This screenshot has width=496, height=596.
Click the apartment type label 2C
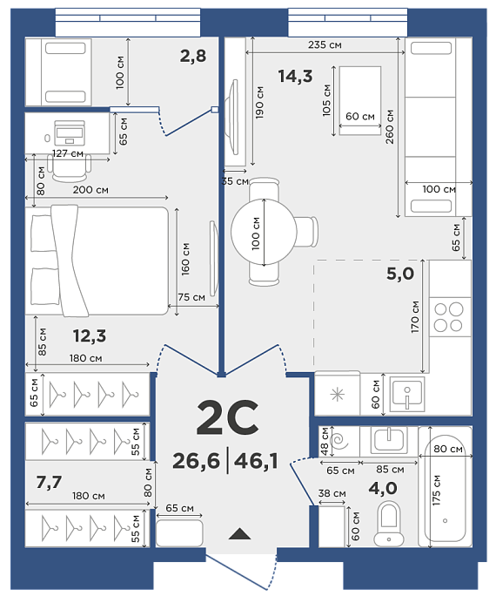pos(228,417)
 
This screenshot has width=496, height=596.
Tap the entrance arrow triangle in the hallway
pos(240,534)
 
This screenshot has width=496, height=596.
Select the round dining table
pos(264,232)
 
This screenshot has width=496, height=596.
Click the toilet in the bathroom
pos(389,524)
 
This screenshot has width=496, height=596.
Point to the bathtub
pos(446,487)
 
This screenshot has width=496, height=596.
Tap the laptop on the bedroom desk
pos(70,132)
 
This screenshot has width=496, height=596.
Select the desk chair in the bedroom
pos(71,169)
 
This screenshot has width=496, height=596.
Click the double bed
pos(97,261)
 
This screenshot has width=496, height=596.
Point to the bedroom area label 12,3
pos(90,336)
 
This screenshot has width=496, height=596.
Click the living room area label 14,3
pos(295,76)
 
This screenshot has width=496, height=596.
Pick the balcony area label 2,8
pos(193,57)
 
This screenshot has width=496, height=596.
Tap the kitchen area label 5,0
pos(400,274)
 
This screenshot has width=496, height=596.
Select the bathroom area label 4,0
pos(383,488)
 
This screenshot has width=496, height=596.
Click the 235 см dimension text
pos(325,44)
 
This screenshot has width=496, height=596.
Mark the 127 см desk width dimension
pos(68,153)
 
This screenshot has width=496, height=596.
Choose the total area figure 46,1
pos(256,461)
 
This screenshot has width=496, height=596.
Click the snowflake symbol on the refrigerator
pos(338,395)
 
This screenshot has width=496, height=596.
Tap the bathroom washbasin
pos(389,439)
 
